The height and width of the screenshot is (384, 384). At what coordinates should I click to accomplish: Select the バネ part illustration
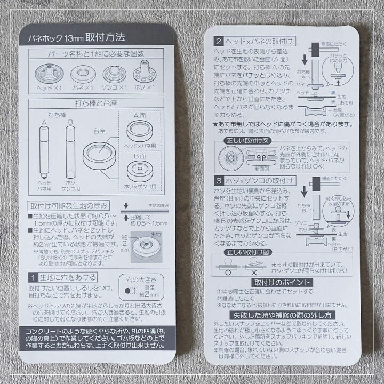click(x=83, y=73)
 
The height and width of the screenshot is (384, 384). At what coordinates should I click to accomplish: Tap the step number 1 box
click(x=33, y=277)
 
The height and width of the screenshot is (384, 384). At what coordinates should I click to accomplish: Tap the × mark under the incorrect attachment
click(x=255, y=271)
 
